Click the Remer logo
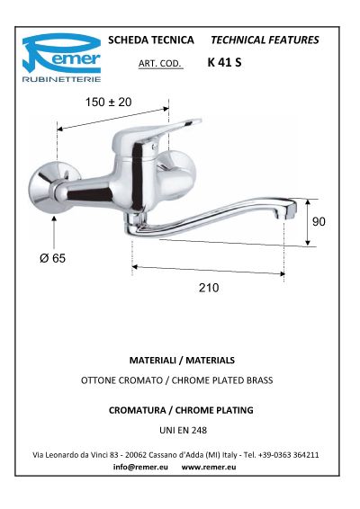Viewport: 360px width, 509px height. coord(61,58)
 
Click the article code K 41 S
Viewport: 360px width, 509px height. coord(224,62)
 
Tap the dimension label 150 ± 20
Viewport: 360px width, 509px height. coord(108,102)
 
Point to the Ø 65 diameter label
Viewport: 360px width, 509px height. coord(52,258)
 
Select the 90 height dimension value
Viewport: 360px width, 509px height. coord(319,221)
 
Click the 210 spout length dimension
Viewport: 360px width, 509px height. coord(209,288)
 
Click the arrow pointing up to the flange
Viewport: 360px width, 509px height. coord(54,233)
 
